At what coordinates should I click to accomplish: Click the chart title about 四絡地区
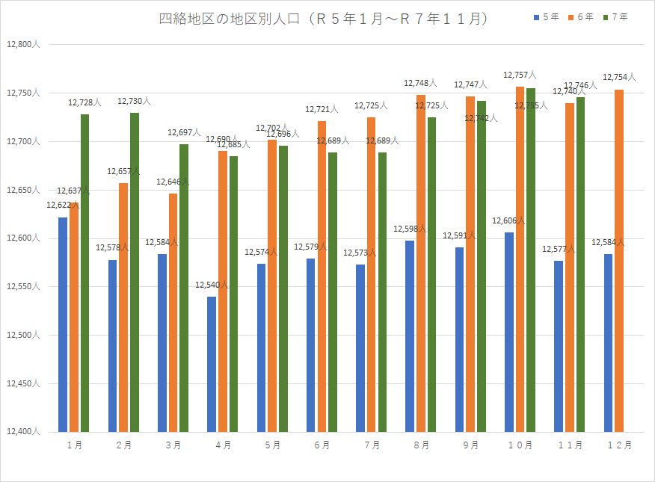pos(324,19)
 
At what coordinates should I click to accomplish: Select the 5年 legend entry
pos(547,17)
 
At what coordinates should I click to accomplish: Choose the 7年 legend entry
pos(615,17)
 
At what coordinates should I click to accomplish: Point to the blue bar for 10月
pos(509,332)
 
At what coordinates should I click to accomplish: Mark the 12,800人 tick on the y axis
pos(27,45)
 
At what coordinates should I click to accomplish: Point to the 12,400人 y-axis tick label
pos(27,432)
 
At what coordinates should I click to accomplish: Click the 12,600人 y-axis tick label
pos(27,238)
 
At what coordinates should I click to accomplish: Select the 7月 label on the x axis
pos(372,445)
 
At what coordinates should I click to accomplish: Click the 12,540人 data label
pos(212,285)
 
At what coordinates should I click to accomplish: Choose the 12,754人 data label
pos(619,77)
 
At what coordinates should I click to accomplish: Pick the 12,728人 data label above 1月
pos(84,102)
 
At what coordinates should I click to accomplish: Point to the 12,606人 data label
pos(508,221)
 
